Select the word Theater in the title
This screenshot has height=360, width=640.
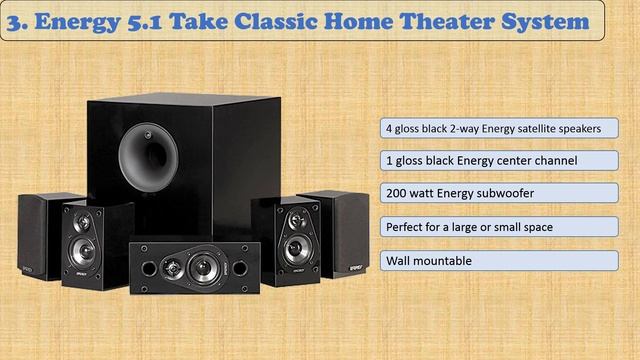pos(447,20)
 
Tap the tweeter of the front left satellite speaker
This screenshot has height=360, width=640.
pos(84,219)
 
